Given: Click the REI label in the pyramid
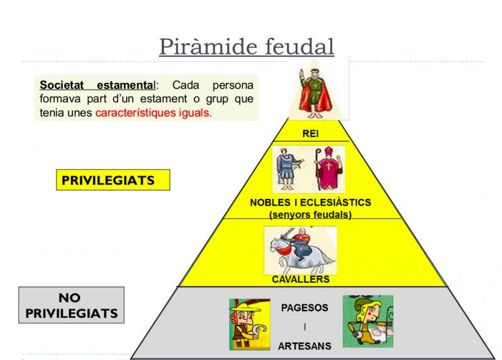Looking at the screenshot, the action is (x=311, y=134).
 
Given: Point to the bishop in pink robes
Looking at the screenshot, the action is (x=328, y=168).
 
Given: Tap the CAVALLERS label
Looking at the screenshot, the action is (x=301, y=279).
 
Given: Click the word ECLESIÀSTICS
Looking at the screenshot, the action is (x=336, y=202).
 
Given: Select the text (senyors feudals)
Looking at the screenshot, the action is (x=310, y=214).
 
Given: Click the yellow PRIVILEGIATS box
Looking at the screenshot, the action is (x=113, y=180).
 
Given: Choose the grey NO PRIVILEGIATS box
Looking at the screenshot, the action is (x=72, y=305).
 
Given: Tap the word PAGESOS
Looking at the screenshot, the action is (x=304, y=308).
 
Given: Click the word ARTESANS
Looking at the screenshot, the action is (x=304, y=346).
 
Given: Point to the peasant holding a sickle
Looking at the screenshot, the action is (x=250, y=324).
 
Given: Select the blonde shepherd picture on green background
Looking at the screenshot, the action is (x=368, y=321).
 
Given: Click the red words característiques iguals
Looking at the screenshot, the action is (x=154, y=113).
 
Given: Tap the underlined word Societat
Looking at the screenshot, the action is (x=61, y=85).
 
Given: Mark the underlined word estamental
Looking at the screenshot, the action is (x=126, y=85).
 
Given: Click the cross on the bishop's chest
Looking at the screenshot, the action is (x=328, y=166).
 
